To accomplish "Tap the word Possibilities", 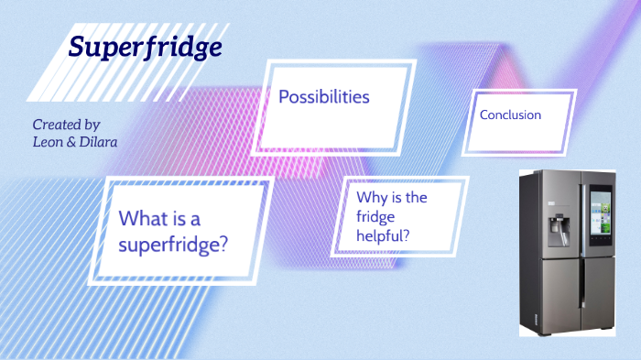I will pos(324,96).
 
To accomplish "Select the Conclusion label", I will pos(510,115).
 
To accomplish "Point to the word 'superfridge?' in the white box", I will pos(173,245).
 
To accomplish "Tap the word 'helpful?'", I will pos(384,235).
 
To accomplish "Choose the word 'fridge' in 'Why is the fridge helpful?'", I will pos(376,216).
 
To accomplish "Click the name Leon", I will pos(47,142).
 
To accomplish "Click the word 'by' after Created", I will pos(91,124).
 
